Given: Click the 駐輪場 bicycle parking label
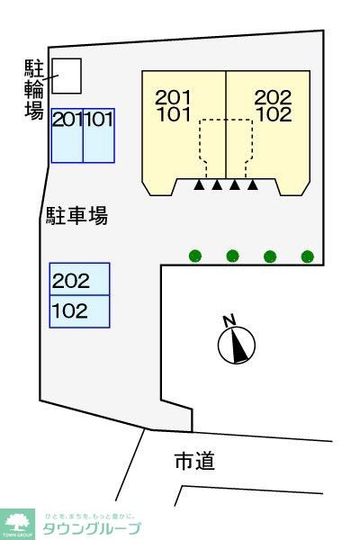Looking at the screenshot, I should click(34, 88).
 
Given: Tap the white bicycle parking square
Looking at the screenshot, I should click(67, 75).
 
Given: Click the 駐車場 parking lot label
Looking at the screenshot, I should click(77, 216).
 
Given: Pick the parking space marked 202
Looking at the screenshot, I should click(79, 280).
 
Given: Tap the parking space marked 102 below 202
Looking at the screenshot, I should click(79, 311).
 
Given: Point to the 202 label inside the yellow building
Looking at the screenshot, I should click(272, 97).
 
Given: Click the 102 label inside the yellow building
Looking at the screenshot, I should click(272, 114).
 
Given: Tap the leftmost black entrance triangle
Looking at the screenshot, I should click(198, 186).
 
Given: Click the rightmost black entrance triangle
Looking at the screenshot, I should click(253, 186).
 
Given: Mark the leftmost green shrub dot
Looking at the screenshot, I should click(195, 256).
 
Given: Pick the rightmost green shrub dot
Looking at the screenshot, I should click(308, 256).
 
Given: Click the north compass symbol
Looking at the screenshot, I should click(238, 343).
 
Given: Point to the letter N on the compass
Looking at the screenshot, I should click(229, 319).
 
